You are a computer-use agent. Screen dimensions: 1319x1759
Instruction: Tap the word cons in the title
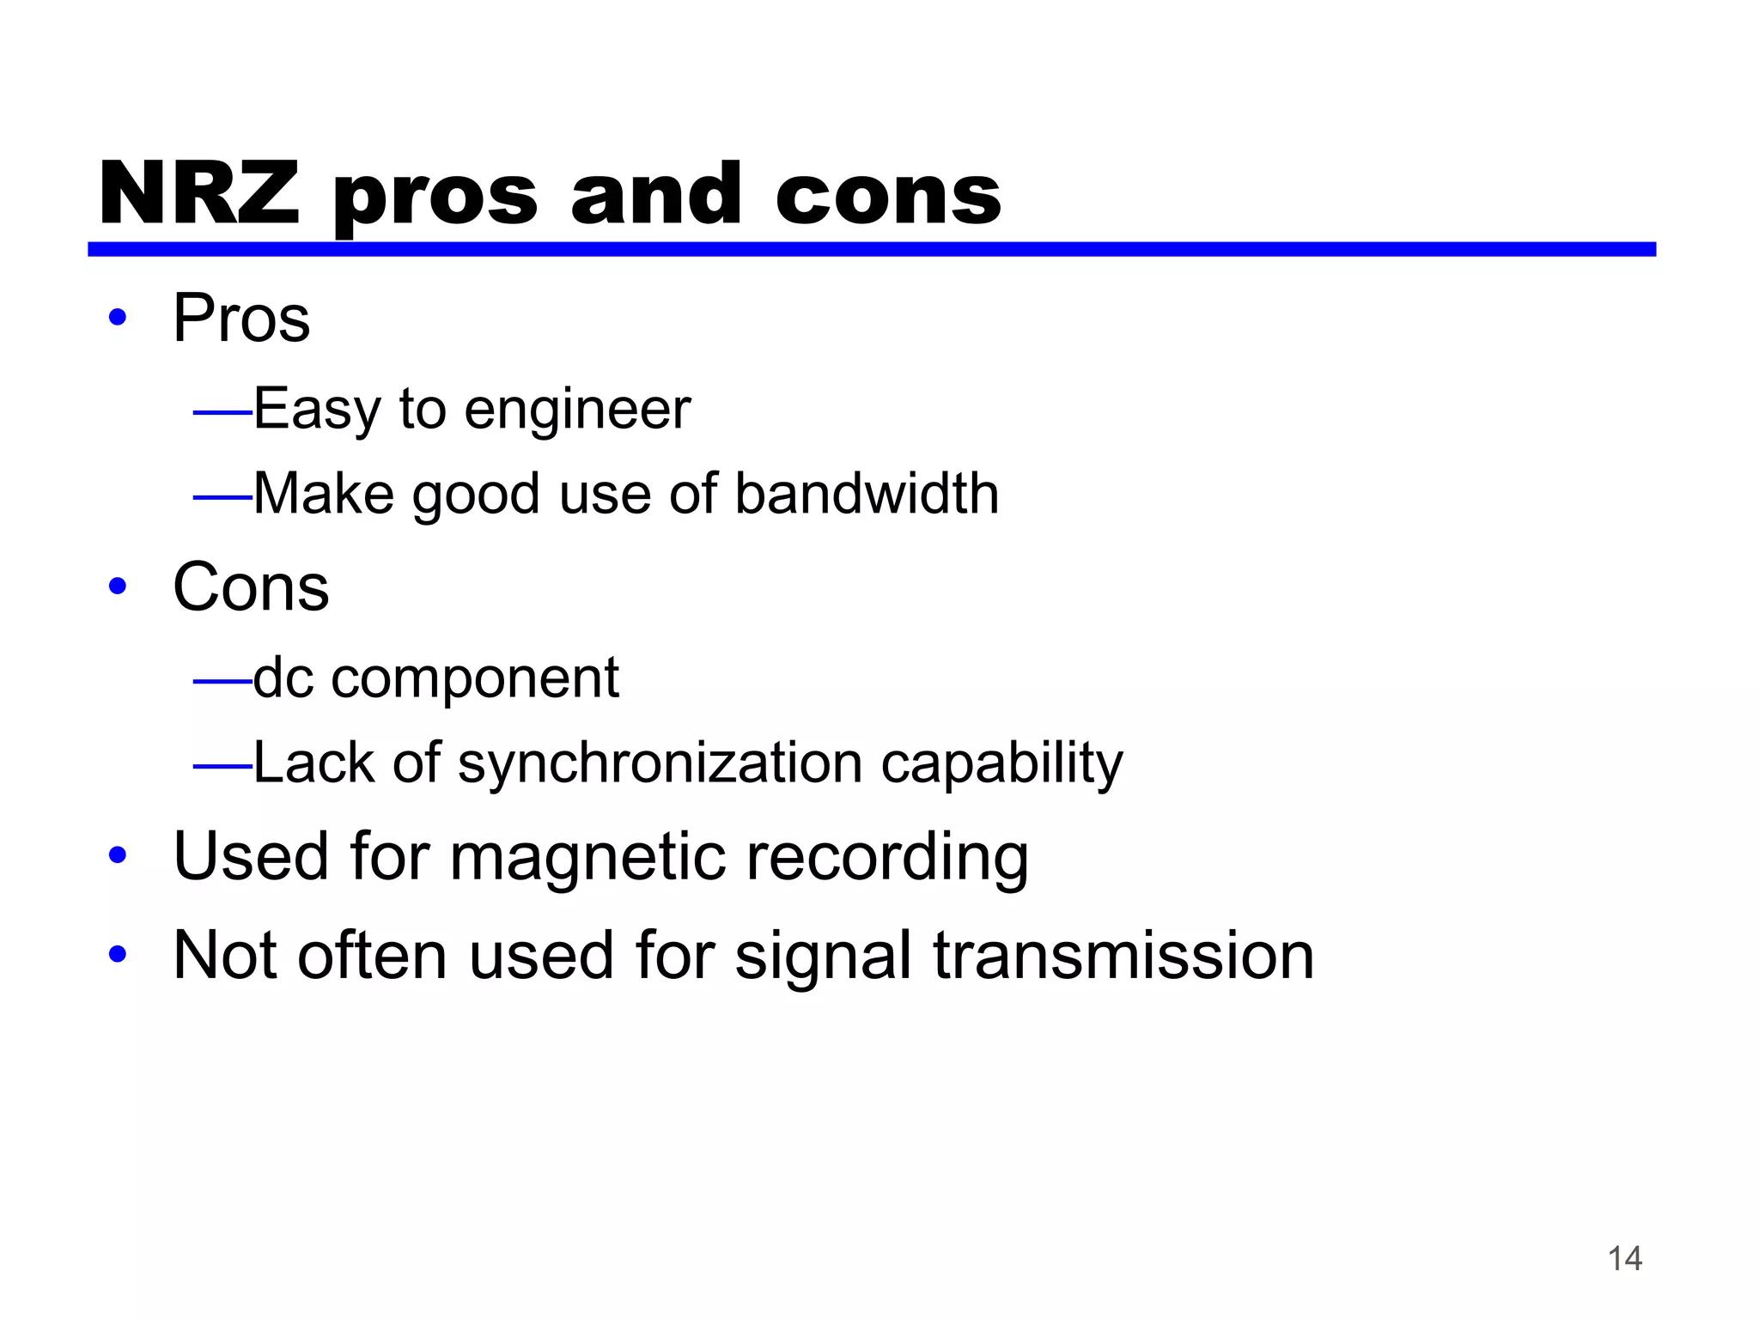[888, 196]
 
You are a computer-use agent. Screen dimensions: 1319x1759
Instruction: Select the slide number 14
[1624, 1259]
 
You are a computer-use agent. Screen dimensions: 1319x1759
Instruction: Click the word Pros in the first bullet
[241, 318]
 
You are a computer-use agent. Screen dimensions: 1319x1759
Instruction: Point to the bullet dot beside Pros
[118, 318]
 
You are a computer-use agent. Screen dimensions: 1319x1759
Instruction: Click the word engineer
[577, 409]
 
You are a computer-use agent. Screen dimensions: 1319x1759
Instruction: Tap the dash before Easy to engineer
[222, 413]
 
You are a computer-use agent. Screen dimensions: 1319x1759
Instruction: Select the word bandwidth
[867, 494]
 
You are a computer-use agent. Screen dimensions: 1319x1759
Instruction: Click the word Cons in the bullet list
[251, 587]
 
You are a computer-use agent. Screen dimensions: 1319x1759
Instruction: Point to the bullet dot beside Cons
[118, 587]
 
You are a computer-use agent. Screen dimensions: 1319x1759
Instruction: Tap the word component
[475, 679]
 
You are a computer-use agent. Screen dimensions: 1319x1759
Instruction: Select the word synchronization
[660, 763]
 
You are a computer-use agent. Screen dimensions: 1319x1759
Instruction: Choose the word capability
[1001, 763]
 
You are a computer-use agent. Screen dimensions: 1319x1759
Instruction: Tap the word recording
[887, 857]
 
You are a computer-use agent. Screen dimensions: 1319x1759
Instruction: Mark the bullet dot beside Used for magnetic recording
[118, 856]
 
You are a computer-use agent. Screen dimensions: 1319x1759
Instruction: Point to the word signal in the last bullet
[823, 957]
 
